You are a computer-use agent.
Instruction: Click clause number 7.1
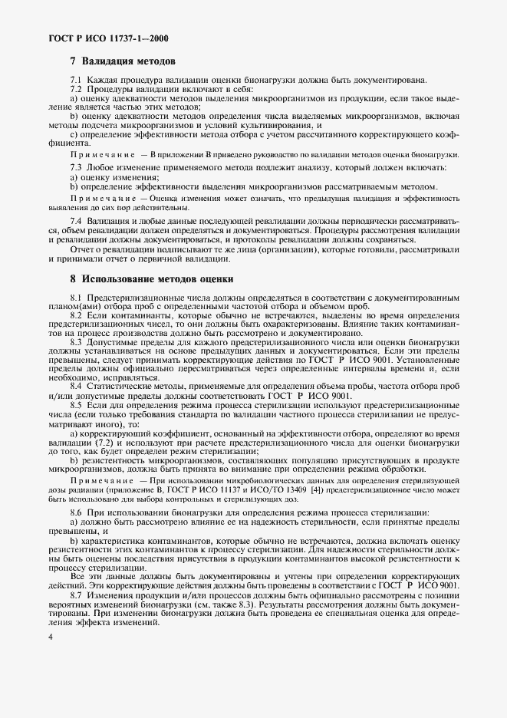coord(76,81)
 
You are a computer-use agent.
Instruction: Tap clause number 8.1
coord(76,297)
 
